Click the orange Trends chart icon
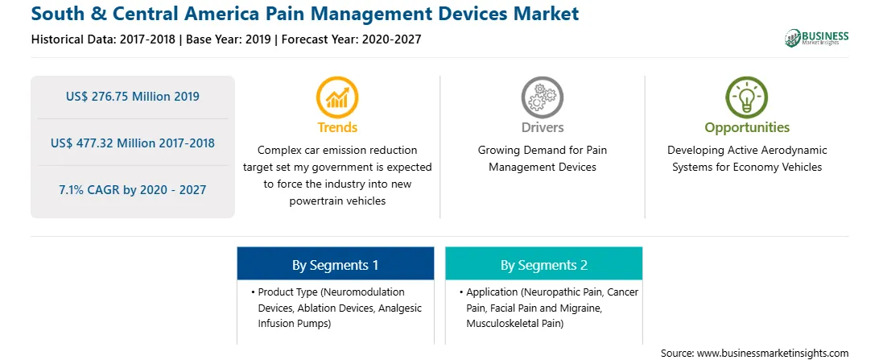[x=337, y=97]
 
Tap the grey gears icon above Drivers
[x=542, y=97]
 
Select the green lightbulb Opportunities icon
[x=747, y=97]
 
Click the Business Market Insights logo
[x=817, y=38]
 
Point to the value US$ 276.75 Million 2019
[x=132, y=97]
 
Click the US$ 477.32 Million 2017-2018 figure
[x=132, y=143]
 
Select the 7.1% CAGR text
[x=132, y=189]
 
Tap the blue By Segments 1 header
[x=335, y=264]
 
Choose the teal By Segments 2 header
[x=544, y=264]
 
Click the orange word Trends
[x=337, y=127]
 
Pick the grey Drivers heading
[x=542, y=127]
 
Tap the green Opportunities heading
[x=747, y=127]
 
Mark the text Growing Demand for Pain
[x=542, y=151]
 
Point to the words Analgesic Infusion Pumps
[x=340, y=316]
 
